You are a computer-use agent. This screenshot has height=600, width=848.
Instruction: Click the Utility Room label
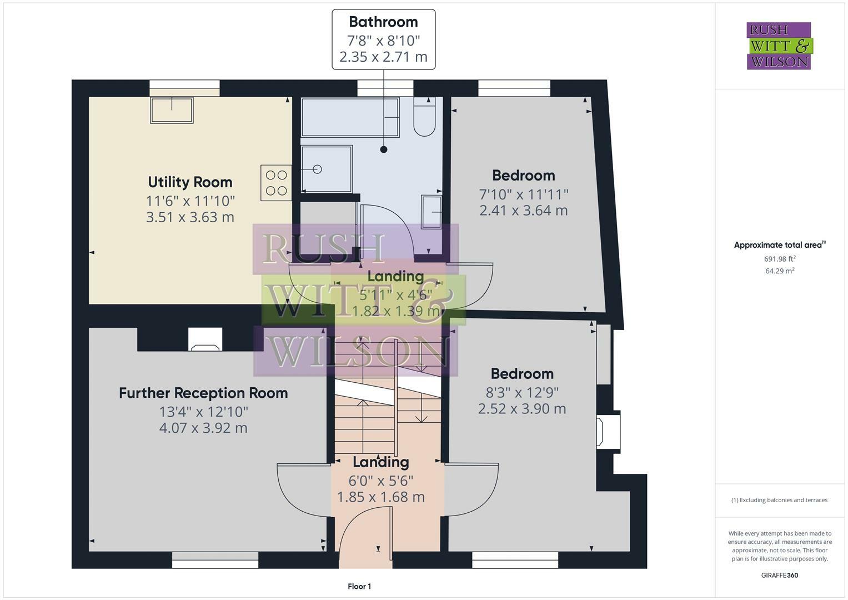click(190, 182)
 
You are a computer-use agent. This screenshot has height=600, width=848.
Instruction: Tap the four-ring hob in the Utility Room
click(276, 183)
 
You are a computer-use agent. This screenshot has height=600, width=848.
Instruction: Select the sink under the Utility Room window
click(172, 110)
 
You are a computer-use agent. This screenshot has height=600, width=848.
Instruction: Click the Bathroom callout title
click(383, 22)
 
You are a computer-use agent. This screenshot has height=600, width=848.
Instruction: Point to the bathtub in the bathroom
click(350, 117)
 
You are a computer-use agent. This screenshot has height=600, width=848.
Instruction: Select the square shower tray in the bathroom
click(327, 169)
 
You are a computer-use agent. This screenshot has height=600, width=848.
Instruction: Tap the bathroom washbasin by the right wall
click(431, 212)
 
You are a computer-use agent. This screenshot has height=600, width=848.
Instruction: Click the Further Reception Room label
click(203, 393)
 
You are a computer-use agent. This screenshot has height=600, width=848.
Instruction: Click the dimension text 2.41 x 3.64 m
click(523, 211)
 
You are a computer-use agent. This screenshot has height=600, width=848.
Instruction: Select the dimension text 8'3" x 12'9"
click(522, 392)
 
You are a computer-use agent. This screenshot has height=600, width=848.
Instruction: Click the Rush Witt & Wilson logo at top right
click(779, 46)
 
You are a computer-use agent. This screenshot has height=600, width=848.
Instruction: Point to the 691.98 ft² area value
click(780, 259)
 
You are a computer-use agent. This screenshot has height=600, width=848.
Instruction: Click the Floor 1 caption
click(359, 587)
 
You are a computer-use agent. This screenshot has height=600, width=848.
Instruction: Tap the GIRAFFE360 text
click(779, 576)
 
